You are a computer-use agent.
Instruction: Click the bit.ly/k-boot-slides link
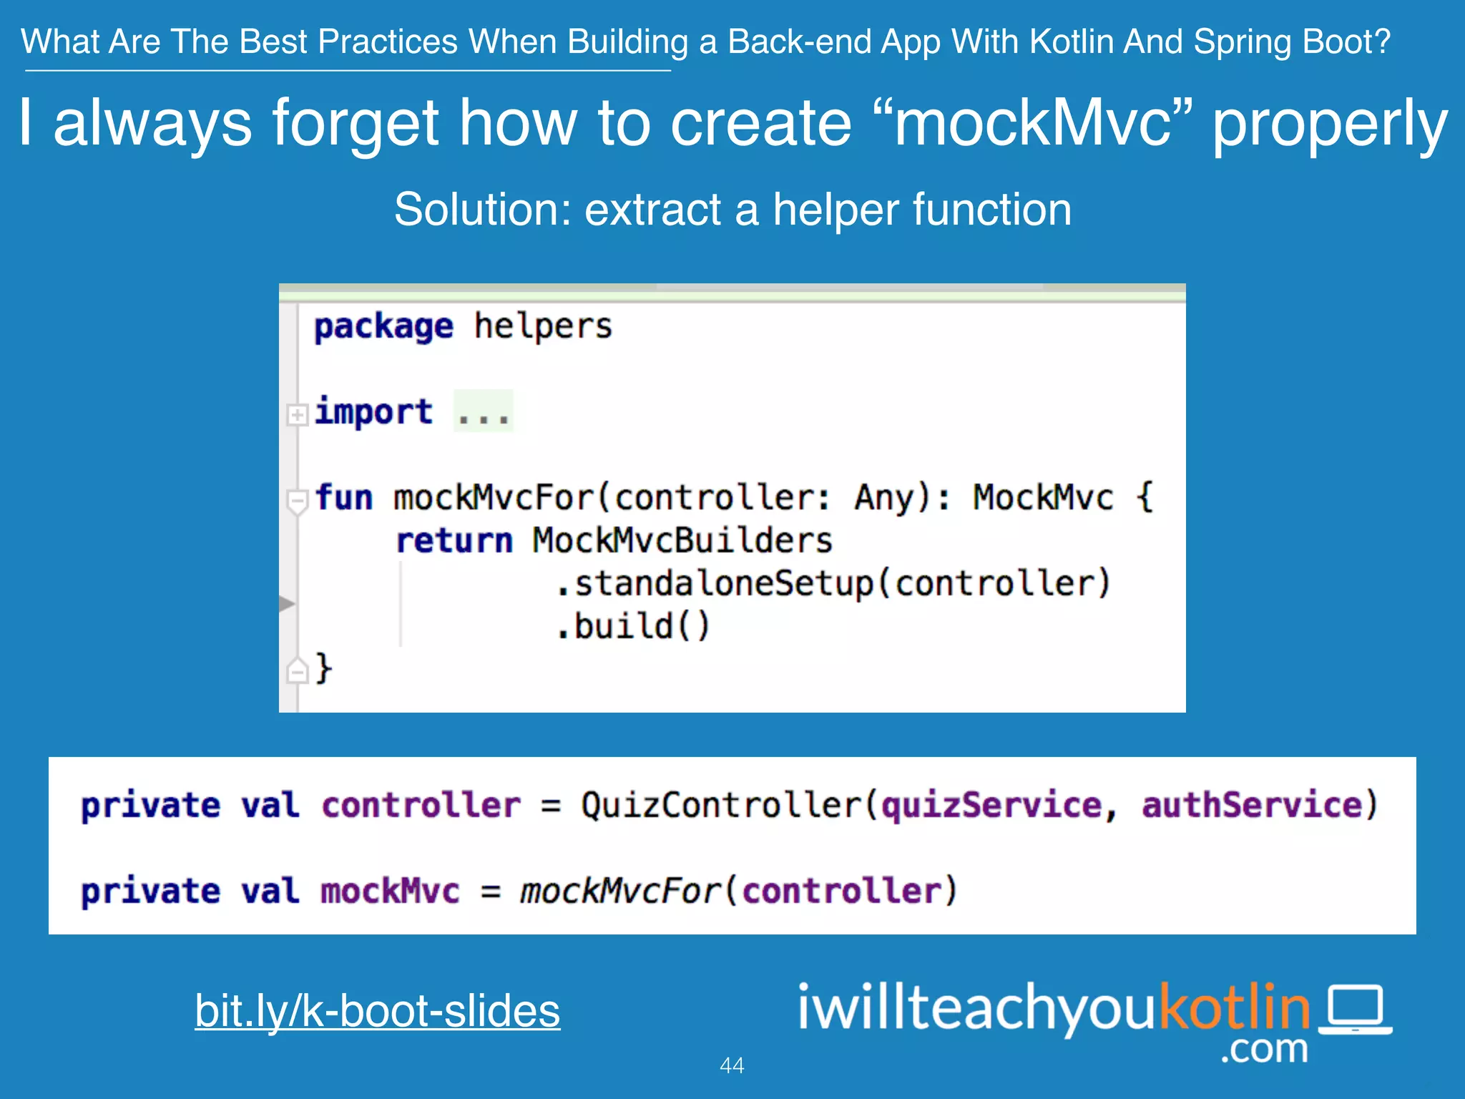tap(377, 1010)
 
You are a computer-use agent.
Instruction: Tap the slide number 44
tap(732, 1065)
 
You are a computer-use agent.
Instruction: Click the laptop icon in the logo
tap(1356, 1010)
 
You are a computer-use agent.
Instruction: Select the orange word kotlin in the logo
tap(1234, 1006)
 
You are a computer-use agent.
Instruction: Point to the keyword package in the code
tap(383, 328)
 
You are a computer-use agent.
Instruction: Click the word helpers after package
tap(543, 326)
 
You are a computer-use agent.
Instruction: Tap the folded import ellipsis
tap(484, 412)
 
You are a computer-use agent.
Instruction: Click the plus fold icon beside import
tap(297, 415)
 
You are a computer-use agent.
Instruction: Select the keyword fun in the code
tap(344, 497)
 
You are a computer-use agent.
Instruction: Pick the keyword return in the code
tap(454, 540)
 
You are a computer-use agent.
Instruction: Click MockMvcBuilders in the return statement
tap(682, 540)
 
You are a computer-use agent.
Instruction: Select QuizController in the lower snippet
tap(721, 806)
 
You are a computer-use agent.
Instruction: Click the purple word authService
tap(1252, 806)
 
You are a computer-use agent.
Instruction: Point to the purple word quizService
tap(991, 806)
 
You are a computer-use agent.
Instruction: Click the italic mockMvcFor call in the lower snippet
tap(619, 892)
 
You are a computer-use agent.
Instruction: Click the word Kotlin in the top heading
tap(1070, 41)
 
